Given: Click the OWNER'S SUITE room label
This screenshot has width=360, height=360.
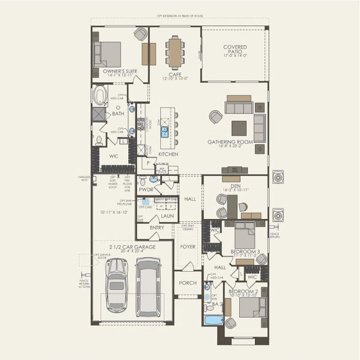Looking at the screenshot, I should click(120, 71).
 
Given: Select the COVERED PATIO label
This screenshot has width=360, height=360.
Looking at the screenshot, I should click(235, 47).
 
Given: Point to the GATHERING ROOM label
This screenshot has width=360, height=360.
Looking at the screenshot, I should click(230, 142).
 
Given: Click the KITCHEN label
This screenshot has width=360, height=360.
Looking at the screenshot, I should click(168, 154).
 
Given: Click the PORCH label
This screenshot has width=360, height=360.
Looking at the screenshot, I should click(188, 283).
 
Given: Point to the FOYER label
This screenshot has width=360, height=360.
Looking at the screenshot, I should click(188, 245).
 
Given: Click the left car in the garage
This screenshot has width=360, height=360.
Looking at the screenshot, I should click(116, 285).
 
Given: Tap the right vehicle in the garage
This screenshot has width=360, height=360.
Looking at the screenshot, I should click(148, 286).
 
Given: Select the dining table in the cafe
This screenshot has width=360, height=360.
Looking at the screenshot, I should click(175, 52).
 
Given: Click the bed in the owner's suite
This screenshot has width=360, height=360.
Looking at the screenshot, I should click(108, 54).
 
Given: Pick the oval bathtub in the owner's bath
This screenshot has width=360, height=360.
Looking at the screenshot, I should click(100, 95).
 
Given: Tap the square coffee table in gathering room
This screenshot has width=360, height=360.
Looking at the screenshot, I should click(239, 128).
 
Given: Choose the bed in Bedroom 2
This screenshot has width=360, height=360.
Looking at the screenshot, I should click(250, 307).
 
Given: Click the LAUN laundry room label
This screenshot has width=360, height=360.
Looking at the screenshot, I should click(167, 215).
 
